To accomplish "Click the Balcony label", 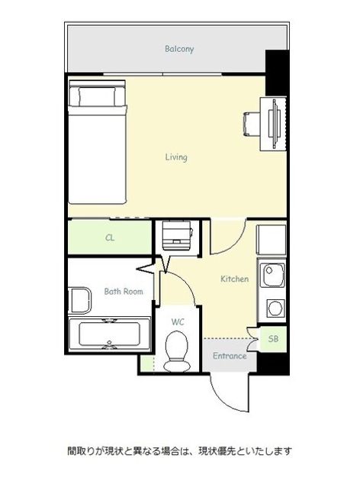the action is click(179, 49).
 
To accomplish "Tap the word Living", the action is click(176, 157).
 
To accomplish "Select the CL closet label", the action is click(110, 237).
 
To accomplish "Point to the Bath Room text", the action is click(124, 291).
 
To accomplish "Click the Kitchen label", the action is click(234, 279).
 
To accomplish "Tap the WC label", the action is click(178, 321).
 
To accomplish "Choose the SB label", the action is click(273, 339).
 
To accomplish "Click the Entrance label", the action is click(230, 356).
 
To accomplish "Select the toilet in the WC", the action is click(176, 352).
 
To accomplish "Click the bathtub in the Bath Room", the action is click(109, 334).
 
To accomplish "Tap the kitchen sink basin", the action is click(272, 275).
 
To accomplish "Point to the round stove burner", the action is click(275, 308).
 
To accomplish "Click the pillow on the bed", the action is click(97, 96).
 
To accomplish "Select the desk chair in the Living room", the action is click(252, 124).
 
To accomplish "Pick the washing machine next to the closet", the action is click(178, 235).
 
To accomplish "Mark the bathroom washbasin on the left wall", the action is click(79, 301).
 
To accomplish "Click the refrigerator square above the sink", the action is click(272, 240).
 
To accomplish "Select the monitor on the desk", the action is click(275, 124).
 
